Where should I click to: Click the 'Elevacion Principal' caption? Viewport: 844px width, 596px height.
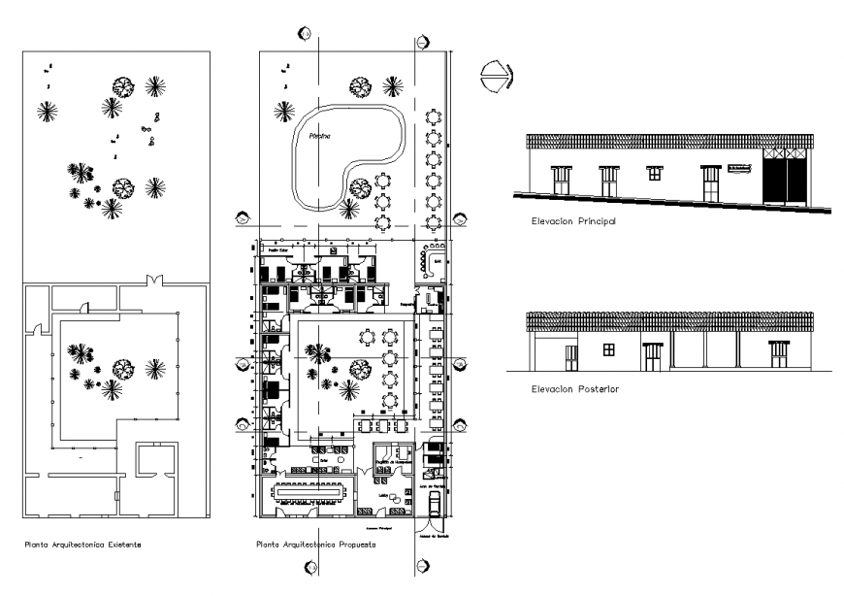tap(574, 221)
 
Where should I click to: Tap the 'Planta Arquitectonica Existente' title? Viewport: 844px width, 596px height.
tap(82, 545)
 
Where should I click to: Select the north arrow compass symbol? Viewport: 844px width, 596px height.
tap(497, 75)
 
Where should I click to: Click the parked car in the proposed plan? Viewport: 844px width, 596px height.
tap(433, 502)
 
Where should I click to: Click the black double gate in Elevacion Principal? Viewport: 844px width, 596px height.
tap(787, 178)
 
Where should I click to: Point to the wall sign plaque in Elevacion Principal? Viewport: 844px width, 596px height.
tap(740, 171)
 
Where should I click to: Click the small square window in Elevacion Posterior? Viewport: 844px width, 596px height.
tap(608, 349)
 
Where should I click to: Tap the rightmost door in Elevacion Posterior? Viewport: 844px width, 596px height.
tap(780, 355)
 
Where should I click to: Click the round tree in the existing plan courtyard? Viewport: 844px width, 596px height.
tap(122, 367)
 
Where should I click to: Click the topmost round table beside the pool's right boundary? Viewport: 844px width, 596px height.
tap(434, 117)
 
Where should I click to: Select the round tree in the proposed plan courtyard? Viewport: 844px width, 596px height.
tap(359, 368)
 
